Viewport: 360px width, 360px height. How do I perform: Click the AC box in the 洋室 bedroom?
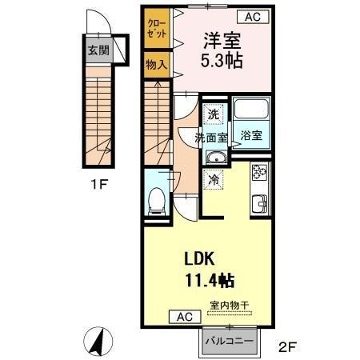253,17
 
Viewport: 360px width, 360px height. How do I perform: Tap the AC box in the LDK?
185,317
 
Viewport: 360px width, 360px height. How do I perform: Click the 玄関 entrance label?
98,50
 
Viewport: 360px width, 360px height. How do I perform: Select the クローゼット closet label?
157,29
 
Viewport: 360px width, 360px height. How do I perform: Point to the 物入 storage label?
157,65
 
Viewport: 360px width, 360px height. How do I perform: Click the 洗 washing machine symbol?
214,114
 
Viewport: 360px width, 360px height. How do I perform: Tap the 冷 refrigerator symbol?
213,179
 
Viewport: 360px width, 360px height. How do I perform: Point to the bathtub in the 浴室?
251,109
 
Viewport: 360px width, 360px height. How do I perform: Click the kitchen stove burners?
259,172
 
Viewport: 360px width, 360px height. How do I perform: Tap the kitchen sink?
259,204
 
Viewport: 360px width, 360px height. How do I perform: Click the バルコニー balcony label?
230,341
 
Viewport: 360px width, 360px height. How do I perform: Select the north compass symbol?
98,342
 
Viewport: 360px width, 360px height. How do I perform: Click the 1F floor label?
99,184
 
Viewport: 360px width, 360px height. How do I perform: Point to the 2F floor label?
287,347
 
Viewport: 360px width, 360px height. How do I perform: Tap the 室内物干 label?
229,306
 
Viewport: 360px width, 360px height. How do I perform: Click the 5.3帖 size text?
222,61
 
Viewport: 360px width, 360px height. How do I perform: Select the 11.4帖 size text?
210,281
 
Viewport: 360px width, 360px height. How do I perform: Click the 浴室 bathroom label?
251,135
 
